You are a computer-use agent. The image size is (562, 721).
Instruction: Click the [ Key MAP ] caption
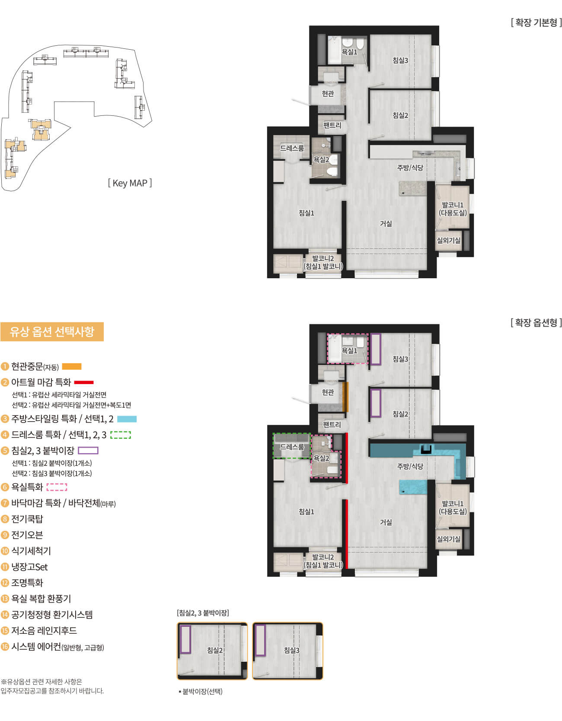pos(130,183)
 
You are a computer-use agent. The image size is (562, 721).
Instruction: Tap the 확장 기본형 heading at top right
pos(536,22)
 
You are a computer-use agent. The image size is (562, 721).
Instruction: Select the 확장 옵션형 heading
pos(536,323)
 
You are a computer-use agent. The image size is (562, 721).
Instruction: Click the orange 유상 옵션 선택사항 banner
pos(52,332)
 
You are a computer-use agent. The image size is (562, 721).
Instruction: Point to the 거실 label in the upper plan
pos(386,223)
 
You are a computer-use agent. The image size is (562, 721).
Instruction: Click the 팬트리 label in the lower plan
pos(332,425)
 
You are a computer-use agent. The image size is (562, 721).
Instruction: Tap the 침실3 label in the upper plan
pos(400,60)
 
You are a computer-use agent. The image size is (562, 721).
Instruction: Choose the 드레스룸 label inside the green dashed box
pos(292,447)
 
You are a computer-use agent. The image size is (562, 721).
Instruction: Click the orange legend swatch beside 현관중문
pos(72,367)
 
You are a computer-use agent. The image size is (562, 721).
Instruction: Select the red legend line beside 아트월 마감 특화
pos(84,382)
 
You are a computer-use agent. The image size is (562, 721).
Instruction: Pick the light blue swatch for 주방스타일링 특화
pos(127,419)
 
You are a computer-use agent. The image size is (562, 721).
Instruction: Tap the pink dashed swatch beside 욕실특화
pos(57,487)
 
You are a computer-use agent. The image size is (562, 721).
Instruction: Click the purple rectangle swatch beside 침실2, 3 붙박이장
pos(88,451)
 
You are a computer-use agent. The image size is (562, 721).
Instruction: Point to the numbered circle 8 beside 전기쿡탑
pos(5,519)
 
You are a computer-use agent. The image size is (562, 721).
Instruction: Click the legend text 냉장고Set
pos(29,567)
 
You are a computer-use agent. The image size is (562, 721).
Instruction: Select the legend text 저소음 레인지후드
pos(44,631)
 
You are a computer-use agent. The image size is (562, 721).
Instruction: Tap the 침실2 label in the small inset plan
pos(215,650)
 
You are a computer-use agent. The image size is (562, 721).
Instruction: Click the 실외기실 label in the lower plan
pos(449,539)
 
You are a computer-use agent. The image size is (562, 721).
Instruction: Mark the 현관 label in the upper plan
pos(328,93)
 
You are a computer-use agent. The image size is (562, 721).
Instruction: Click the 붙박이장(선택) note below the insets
pos(201,691)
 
